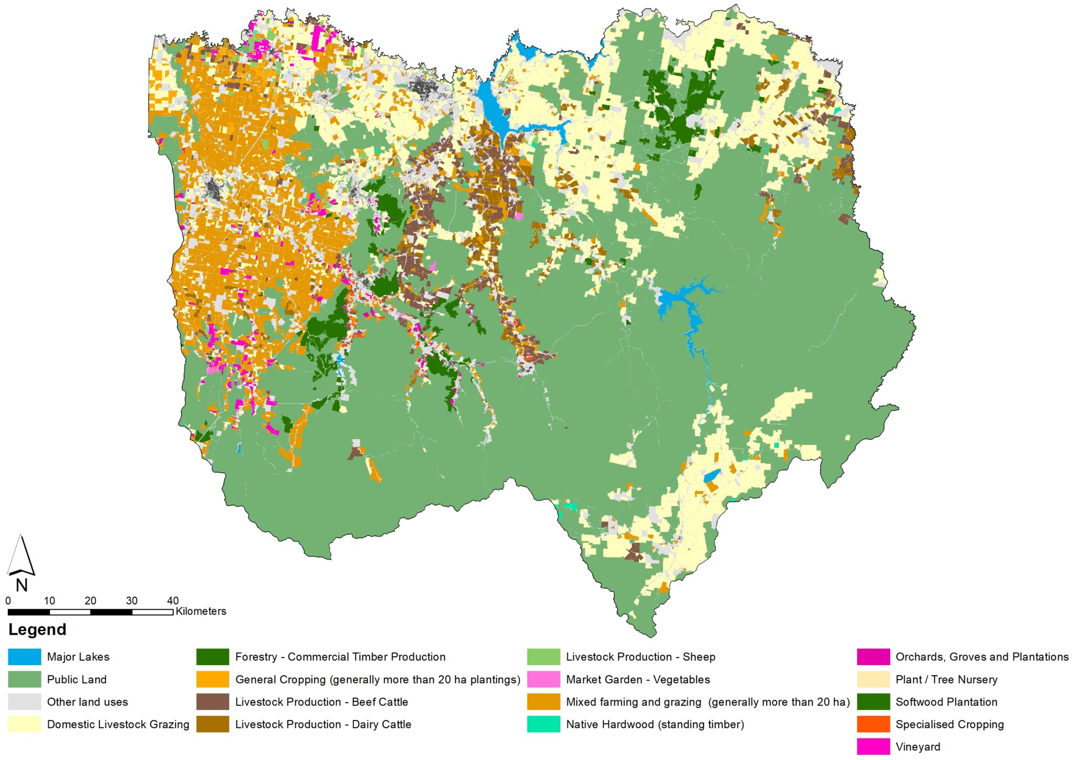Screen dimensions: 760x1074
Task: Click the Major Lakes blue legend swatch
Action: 24,657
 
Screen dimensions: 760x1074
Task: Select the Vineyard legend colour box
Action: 873,746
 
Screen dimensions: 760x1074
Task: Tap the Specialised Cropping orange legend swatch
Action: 873,724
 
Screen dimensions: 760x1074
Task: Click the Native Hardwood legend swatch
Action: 543,724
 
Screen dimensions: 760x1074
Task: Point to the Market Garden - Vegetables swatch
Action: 543,679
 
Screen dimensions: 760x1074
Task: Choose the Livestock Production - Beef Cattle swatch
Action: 212,702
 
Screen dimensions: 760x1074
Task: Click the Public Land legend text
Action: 77,679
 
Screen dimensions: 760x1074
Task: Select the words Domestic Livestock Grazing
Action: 118,724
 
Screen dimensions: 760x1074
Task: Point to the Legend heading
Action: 37,629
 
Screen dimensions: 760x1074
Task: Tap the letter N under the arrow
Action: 22,585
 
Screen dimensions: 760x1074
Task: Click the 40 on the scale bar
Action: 173,601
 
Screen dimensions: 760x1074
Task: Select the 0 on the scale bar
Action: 8,601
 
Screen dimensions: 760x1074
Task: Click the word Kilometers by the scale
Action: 201,611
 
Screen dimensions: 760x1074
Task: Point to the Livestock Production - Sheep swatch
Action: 543,657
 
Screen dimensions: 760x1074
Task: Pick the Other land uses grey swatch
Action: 24,702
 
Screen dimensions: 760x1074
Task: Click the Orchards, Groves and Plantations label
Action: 982,657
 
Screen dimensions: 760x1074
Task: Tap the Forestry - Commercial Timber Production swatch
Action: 212,657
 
